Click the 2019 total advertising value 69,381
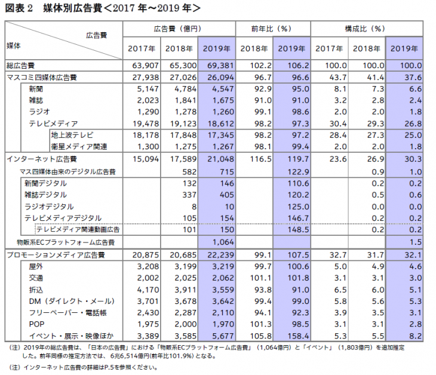pos(219,65)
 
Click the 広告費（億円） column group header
pos(178,29)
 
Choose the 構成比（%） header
pos(367,29)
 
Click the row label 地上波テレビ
pos(72,136)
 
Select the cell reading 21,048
pos(219,159)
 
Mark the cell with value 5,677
pos(219,336)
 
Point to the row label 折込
pos(36,289)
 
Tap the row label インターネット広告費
pos(41,159)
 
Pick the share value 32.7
pos(332,254)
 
